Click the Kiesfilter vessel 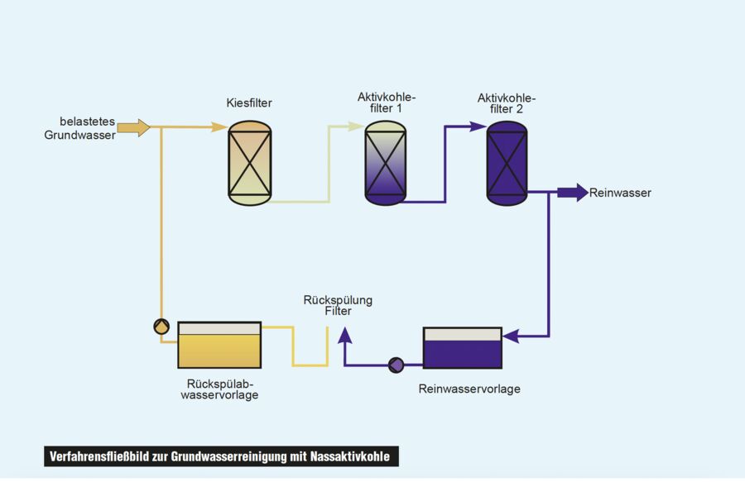249,163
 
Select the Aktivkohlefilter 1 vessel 386,163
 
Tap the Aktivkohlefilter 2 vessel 507,163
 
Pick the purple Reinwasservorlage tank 462,348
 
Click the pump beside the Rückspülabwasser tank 161,326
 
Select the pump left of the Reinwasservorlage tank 396,364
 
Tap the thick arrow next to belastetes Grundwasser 133,127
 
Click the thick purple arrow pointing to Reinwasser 571,193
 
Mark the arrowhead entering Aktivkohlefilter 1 357,126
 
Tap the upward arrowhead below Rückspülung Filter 344,333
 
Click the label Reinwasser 620,193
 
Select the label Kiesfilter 249,103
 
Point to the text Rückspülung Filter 338,306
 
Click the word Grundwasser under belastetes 79,134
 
